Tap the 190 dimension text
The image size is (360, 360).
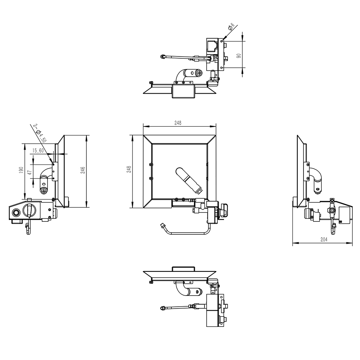[21, 170]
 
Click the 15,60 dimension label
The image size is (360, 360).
[38, 151]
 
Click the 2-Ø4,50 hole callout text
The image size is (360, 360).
[40, 133]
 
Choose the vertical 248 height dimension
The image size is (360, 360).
[129, 170]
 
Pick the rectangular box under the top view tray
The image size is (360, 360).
[184, 91]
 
